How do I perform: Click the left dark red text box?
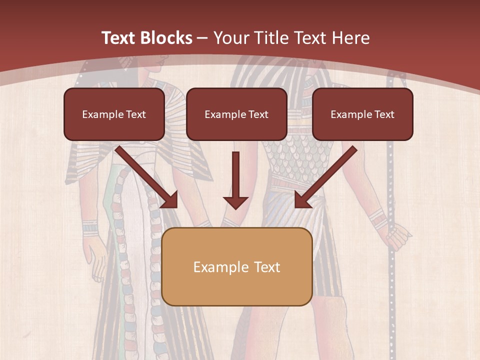114,114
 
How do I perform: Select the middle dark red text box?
236,114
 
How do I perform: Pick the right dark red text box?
362,114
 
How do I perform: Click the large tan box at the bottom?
237,266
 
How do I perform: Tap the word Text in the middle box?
258,114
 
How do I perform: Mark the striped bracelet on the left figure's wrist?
90,228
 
